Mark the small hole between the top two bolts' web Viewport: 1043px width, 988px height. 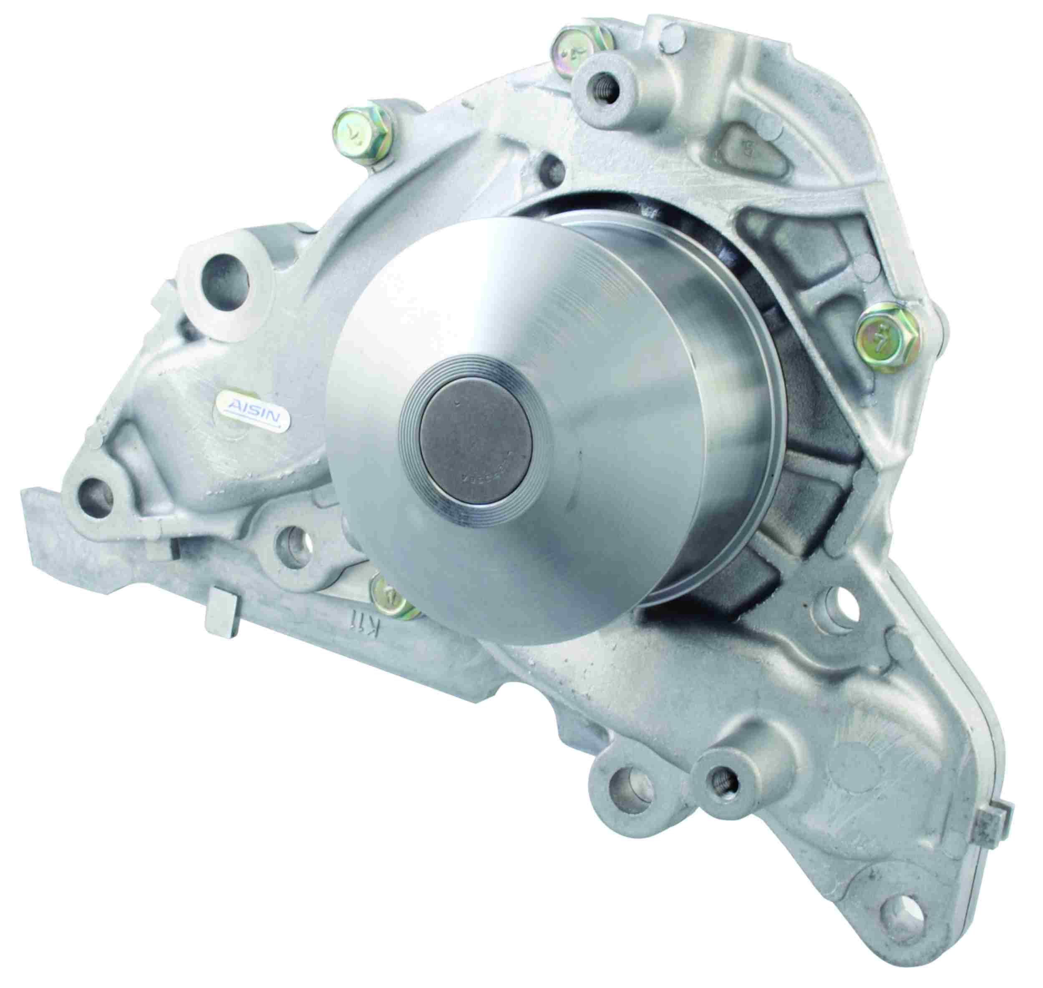point(550,167)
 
